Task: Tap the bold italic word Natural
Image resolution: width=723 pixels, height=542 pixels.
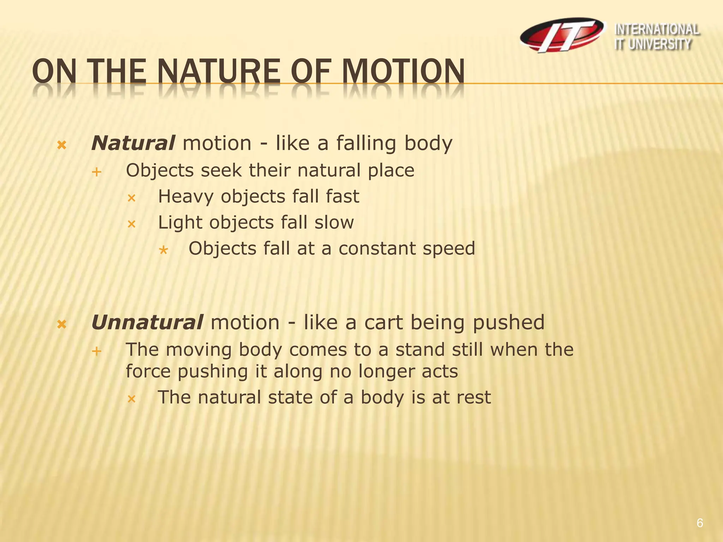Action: point(133,143)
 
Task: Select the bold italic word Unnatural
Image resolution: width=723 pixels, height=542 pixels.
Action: point(147,323)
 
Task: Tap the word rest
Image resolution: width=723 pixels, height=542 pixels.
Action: point(473,397)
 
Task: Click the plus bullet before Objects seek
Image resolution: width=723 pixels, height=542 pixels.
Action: point(96,172)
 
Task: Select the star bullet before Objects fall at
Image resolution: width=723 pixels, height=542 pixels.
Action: point(163,250)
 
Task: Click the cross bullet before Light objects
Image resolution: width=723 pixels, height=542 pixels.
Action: point(131,224)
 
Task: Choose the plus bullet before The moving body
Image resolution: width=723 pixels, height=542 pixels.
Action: point(96,351)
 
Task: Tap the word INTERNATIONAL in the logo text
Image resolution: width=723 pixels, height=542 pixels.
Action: point(657,30)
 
